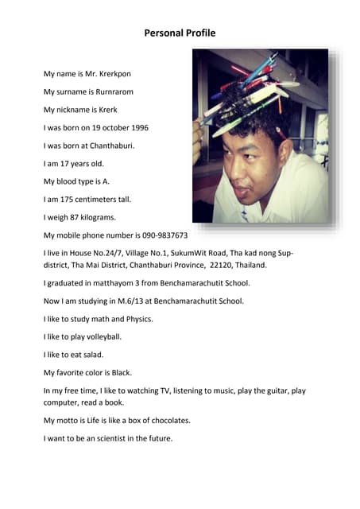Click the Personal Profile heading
(x=180, y=33)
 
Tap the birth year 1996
(x=137, y=127)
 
